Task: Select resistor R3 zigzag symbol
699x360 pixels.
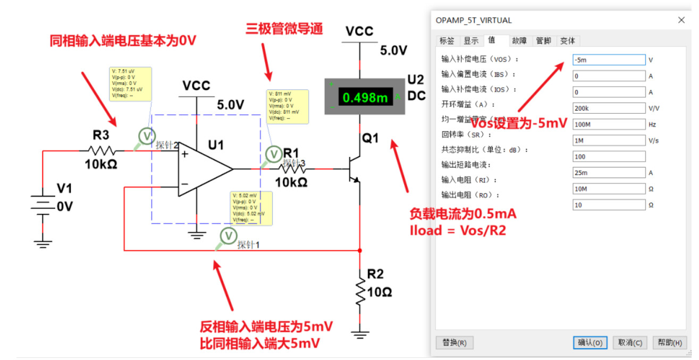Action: point(101,150)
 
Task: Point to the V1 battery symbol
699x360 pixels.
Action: point(43,205)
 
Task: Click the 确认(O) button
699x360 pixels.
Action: point(590,342)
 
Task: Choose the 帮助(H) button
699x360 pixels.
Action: point(669,342)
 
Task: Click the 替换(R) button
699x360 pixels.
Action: point(454,342)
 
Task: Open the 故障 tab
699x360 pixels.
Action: point(519,40)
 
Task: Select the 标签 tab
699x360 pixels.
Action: point(447,40)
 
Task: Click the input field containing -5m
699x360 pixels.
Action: point(609,60)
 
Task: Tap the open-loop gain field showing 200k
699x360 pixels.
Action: point(609,108)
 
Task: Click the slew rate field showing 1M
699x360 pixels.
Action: point(609,140)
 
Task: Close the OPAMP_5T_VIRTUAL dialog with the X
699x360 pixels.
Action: point(681,20)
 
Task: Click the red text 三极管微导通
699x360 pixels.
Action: point(284,29)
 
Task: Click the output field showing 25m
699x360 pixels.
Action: point(609,173)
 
